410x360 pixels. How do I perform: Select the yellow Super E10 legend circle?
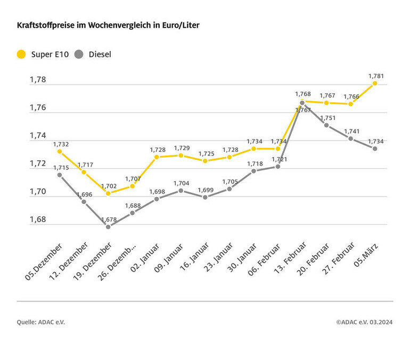click(x=22, y=54)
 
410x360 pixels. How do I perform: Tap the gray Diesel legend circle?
click(x=79, y=54)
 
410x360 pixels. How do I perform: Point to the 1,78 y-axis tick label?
click(x=38, y=80)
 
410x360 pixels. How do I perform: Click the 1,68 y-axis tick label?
click(x=38, y=219)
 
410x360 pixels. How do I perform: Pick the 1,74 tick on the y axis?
click(x=38, y=136)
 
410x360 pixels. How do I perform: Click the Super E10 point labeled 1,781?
click(x=375, y=83)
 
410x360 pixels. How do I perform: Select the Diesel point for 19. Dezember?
click(x=108, y=227)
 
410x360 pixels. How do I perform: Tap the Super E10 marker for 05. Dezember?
click(x=60, y=151)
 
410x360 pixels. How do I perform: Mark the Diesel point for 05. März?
click(x=375, y=149)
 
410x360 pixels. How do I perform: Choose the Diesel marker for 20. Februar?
click(x=326, y=125)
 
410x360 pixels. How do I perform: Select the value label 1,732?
click(x=61, y=144)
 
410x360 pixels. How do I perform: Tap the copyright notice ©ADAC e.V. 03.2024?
click(x=364, y=322)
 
